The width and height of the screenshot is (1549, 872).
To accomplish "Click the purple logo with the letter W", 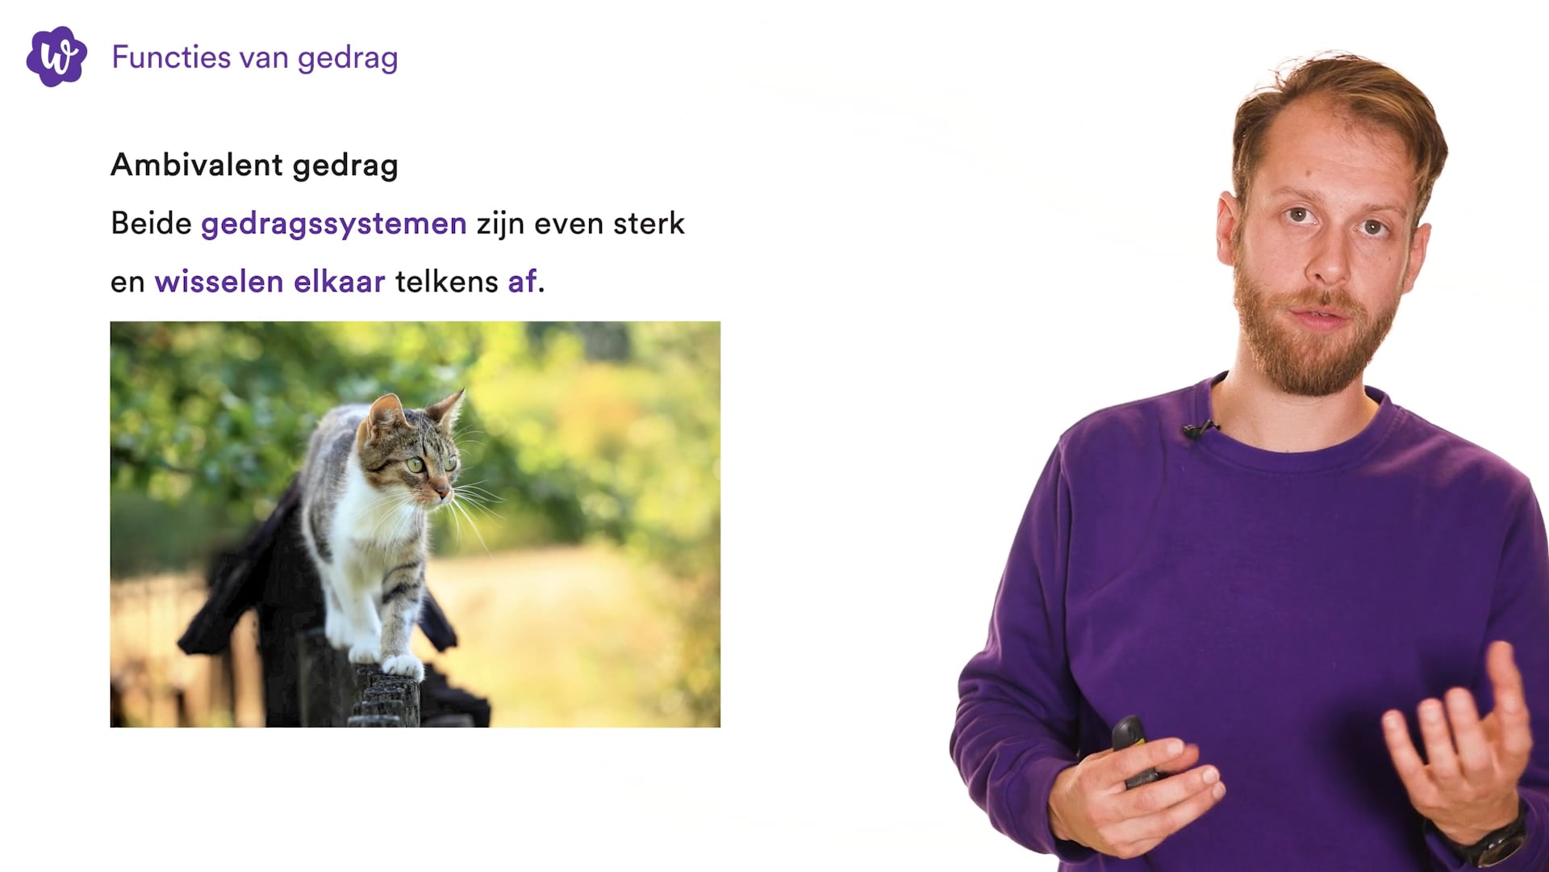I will coord(56,57).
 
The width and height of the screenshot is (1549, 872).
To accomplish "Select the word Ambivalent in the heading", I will coord(196,165).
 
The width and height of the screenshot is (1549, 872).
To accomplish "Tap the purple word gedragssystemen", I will coord(333,224).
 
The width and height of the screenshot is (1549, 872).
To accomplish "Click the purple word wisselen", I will coord(219,282).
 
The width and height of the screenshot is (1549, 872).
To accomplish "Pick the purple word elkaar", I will coord(339,282).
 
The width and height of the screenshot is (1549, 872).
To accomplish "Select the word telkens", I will coord(446,282).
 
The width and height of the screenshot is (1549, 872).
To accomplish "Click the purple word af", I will coord(522,282).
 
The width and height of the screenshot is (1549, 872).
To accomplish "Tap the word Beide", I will coord(151,223).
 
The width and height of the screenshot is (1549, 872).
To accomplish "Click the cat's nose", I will coord(445,490).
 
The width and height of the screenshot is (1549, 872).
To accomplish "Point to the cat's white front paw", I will coord(403,664).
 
